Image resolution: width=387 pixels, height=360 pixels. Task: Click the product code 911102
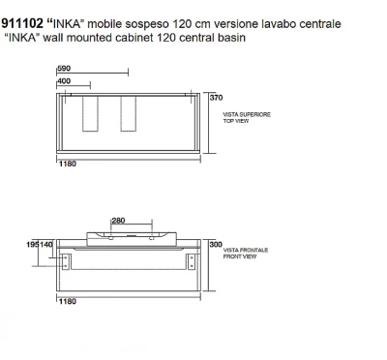click(x=22, y=23)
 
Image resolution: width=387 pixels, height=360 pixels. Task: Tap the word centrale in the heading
click(x=320, y=24)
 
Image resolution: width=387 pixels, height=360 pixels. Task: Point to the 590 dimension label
click(x=64, y=68)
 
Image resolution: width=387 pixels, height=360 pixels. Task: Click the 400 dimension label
click(x=64, y=81)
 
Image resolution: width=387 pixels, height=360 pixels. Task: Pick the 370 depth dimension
click(x=216, y=97)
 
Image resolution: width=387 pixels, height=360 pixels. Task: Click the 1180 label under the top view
click(x=68, y=164)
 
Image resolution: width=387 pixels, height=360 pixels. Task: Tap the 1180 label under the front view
click(x=68, y=301)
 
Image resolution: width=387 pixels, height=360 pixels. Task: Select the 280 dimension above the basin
click(x=118, y=221)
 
